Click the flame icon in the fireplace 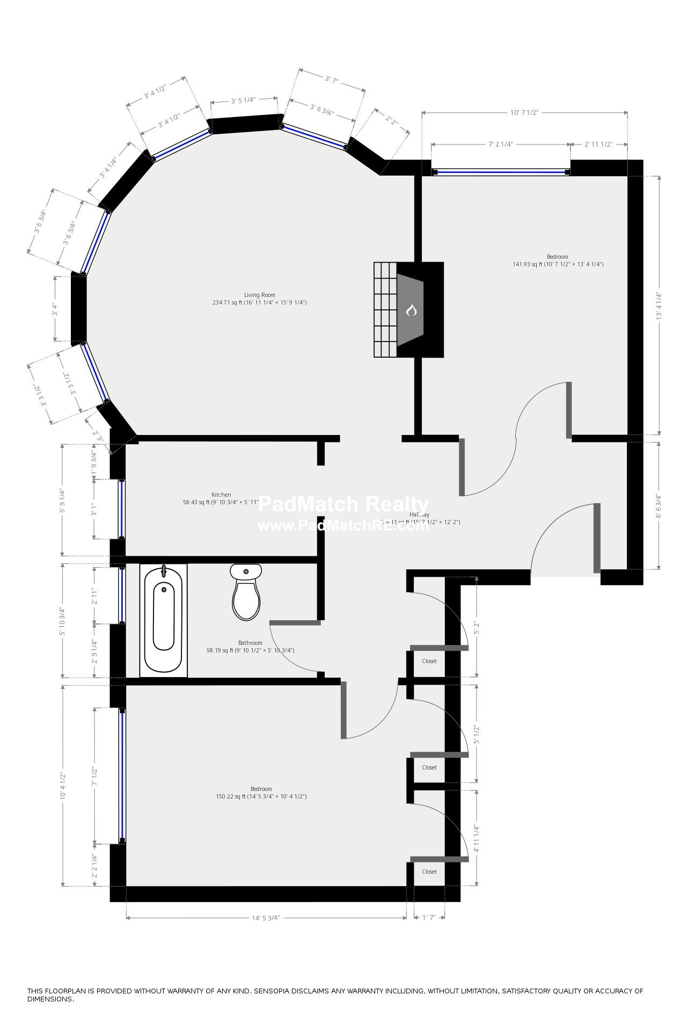pyautogui.click(x=411, y=310)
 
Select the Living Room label pyautogui.click(x=259, y=295)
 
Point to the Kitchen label pyautogui.click(x=221, y=495)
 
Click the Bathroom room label pyautogui.click(x=250, y=643)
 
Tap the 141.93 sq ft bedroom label pyautogui.click(x=557, y=257)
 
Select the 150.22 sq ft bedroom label pyautogui.click(x=261, y=789)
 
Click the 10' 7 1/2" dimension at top pyautogui.click(x=524, y=113)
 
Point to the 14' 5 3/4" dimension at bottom pyautogui.click(x=266, y=918)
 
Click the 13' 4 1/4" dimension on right pyautogui.click(x=659, y=306)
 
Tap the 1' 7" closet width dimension pyautogui.click(x=428, y=918)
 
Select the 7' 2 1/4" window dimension pyautogui.click(x=500, y=144)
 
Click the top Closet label pyautogui.click(x=429, y=661)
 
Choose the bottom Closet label pyautogui.click(x=429, y=872)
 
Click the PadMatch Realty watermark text pyautogui.click(x=343, y=505)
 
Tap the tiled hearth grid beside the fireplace pyautogui.click(x=385, y=309)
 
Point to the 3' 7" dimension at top pyautogui.click(x=332, y=79)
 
